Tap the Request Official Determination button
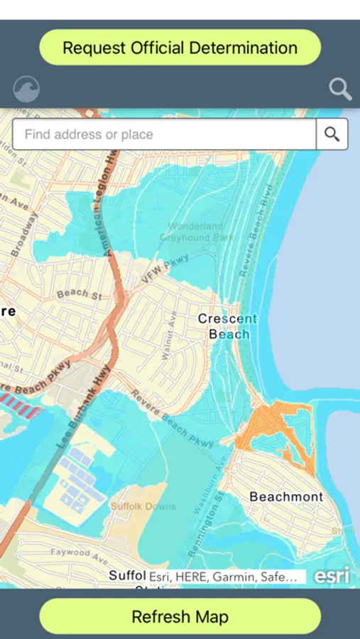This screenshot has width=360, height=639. pos(180,48)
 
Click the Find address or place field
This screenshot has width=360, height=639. pos(164,134)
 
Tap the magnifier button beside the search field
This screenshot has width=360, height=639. pos(332,134)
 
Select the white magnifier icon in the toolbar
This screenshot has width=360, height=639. pos(341,89)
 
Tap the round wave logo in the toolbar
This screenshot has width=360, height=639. pos(26,89)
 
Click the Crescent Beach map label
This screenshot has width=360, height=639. pos(227,327)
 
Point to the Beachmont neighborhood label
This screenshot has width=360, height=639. pos(286,497)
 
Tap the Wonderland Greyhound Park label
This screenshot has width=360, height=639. pos(196,232)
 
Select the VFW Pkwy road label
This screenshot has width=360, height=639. pos(157,271)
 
